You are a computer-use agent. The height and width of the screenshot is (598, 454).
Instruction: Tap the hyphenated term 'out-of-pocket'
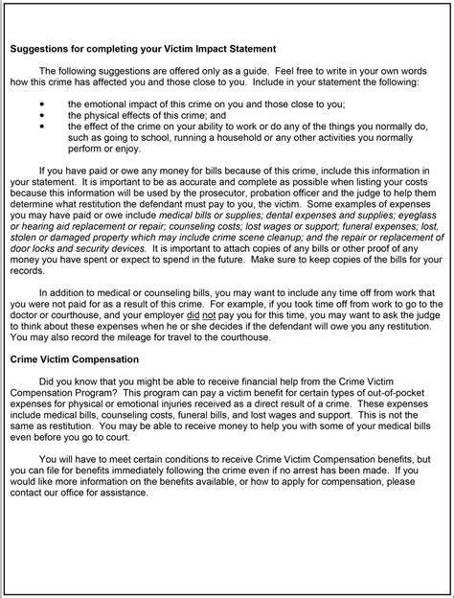383,392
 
